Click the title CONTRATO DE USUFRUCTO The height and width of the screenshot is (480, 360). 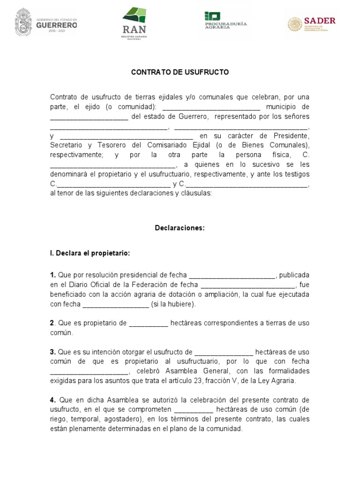click(180, 73)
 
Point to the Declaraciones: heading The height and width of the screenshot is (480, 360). click(180, 228)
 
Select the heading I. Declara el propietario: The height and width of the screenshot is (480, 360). click(90, 253)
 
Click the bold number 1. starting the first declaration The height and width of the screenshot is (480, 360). click(53, 275)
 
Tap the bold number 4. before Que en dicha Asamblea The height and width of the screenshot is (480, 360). click(53, 400)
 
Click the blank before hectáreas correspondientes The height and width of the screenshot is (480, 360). click(148, 323)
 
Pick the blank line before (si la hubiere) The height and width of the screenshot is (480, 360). click(115, 304)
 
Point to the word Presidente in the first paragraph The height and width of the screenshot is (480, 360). click(293, 136)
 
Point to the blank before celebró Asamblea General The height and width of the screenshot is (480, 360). click(89, 371)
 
